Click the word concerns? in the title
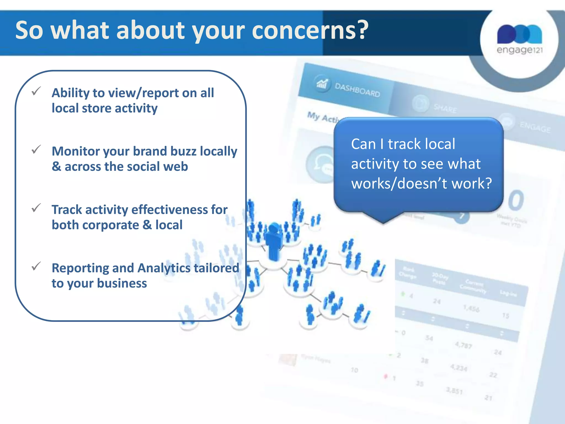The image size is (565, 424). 310,30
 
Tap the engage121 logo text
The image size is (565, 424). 519,50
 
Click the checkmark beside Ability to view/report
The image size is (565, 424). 36,91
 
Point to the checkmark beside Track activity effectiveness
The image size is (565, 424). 36,208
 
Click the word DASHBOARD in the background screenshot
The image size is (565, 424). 357,90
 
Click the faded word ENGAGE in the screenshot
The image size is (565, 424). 535,127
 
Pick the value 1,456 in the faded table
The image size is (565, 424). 471,308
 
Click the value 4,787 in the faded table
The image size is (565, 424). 463,345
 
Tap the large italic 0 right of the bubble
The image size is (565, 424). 516,200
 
